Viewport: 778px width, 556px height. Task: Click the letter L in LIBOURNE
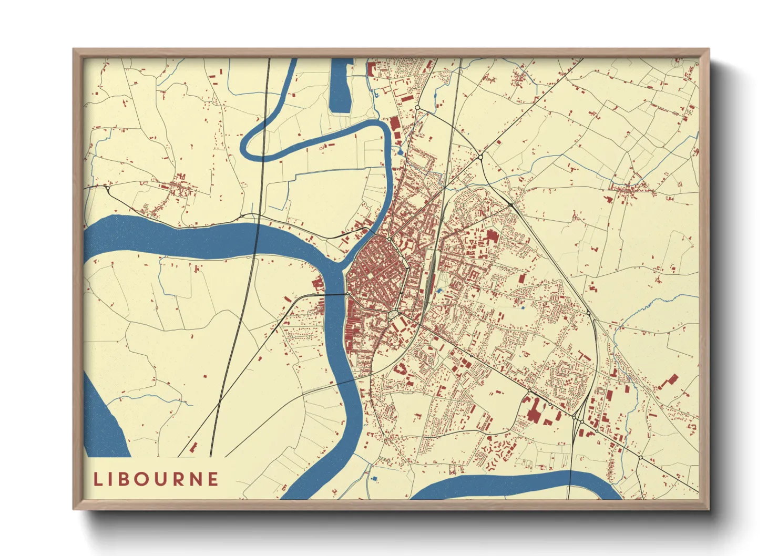point(98,479)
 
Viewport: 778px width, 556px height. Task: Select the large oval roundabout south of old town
point(393,315)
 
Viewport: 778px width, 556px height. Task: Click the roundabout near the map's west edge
point(107,187)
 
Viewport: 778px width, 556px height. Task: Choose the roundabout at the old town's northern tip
point(389,240)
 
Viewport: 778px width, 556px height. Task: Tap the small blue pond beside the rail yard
point(439,291)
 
